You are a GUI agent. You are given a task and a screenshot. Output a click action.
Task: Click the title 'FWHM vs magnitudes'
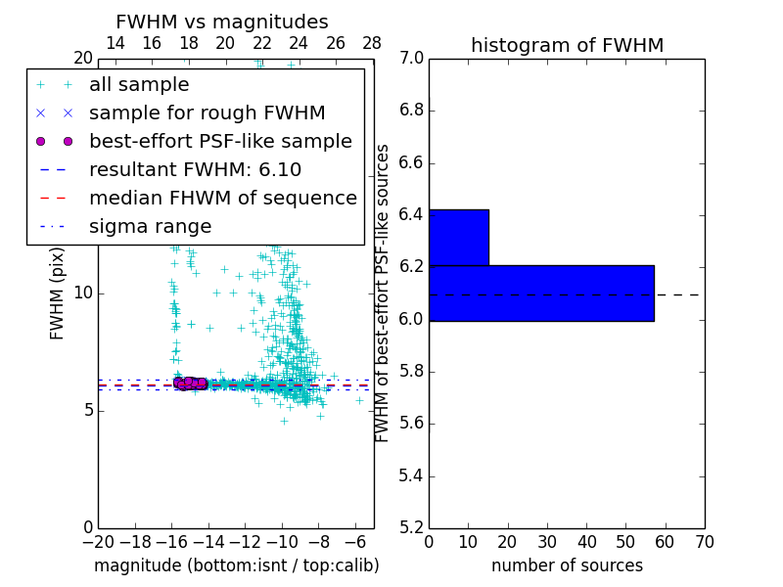coord(222,23)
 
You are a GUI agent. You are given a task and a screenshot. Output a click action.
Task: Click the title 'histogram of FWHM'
coord(567,45)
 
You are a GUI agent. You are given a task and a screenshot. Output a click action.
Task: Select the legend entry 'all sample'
coord(139,85)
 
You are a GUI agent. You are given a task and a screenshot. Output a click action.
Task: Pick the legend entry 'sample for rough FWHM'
coord(207,113)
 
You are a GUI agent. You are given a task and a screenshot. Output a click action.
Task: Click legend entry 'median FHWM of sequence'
coord(222,198)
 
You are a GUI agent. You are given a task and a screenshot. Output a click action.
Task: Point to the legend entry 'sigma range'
coord(150,226)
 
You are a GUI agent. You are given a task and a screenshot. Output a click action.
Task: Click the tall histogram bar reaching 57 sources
coord(541,293)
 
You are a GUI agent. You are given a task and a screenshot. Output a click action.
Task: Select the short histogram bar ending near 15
coord(458,237)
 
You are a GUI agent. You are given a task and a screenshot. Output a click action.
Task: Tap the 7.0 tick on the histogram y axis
coord(411,58)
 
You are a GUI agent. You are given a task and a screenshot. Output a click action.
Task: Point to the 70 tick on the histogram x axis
coord(704,542)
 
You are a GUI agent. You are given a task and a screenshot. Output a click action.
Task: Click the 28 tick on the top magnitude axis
coord(372,43)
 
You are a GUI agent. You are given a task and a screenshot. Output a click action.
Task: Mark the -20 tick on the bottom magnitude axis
coord(98,542)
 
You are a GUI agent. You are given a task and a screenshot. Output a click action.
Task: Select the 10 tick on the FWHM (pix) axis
coord(82,293)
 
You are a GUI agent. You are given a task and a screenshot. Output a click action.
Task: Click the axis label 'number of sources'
coord(567,565)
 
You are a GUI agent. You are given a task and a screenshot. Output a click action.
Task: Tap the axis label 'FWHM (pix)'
coord(58,293)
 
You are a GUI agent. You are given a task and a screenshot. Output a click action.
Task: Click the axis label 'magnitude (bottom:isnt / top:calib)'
coord(236,565)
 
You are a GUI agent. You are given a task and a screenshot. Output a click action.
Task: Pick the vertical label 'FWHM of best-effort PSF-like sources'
coord(383,293)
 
